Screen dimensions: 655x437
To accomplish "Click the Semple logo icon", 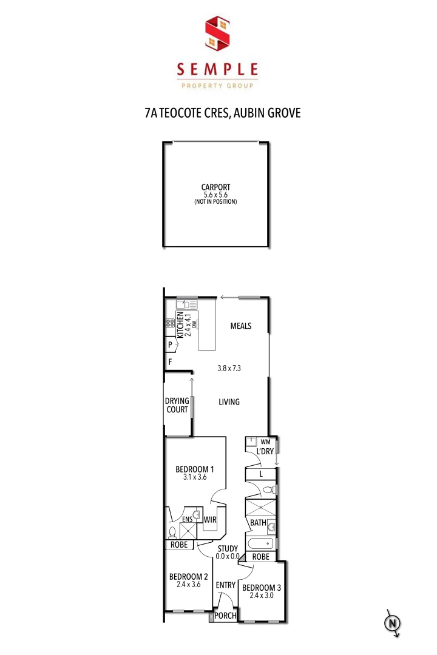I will [218, 34].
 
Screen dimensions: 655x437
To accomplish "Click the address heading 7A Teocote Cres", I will [223, 113].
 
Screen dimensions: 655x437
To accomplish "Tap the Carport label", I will [216, 187].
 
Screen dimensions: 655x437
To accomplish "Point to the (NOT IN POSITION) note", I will [216, 201].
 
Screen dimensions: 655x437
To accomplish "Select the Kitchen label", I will [180, 326].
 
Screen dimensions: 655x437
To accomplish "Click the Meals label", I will [241, 326].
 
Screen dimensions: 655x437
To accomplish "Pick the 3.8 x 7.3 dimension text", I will [229, 368].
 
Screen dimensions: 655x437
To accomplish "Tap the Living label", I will [229, 401].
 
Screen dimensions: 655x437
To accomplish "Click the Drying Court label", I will [177, 405].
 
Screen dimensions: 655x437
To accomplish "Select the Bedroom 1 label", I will [195, 469].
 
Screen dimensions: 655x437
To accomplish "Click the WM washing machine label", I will [265, 442].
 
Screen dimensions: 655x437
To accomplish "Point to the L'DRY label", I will [265, 452].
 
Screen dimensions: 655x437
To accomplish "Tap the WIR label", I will [210, 520].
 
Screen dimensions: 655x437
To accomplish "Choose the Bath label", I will [257, 522].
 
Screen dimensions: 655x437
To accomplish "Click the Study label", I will [228, 549].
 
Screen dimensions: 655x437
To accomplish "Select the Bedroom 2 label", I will [188, 576].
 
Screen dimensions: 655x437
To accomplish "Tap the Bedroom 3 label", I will [261, 587].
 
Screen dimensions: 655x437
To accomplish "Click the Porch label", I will [225, 616].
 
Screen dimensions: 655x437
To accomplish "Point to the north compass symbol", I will [393, 623].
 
